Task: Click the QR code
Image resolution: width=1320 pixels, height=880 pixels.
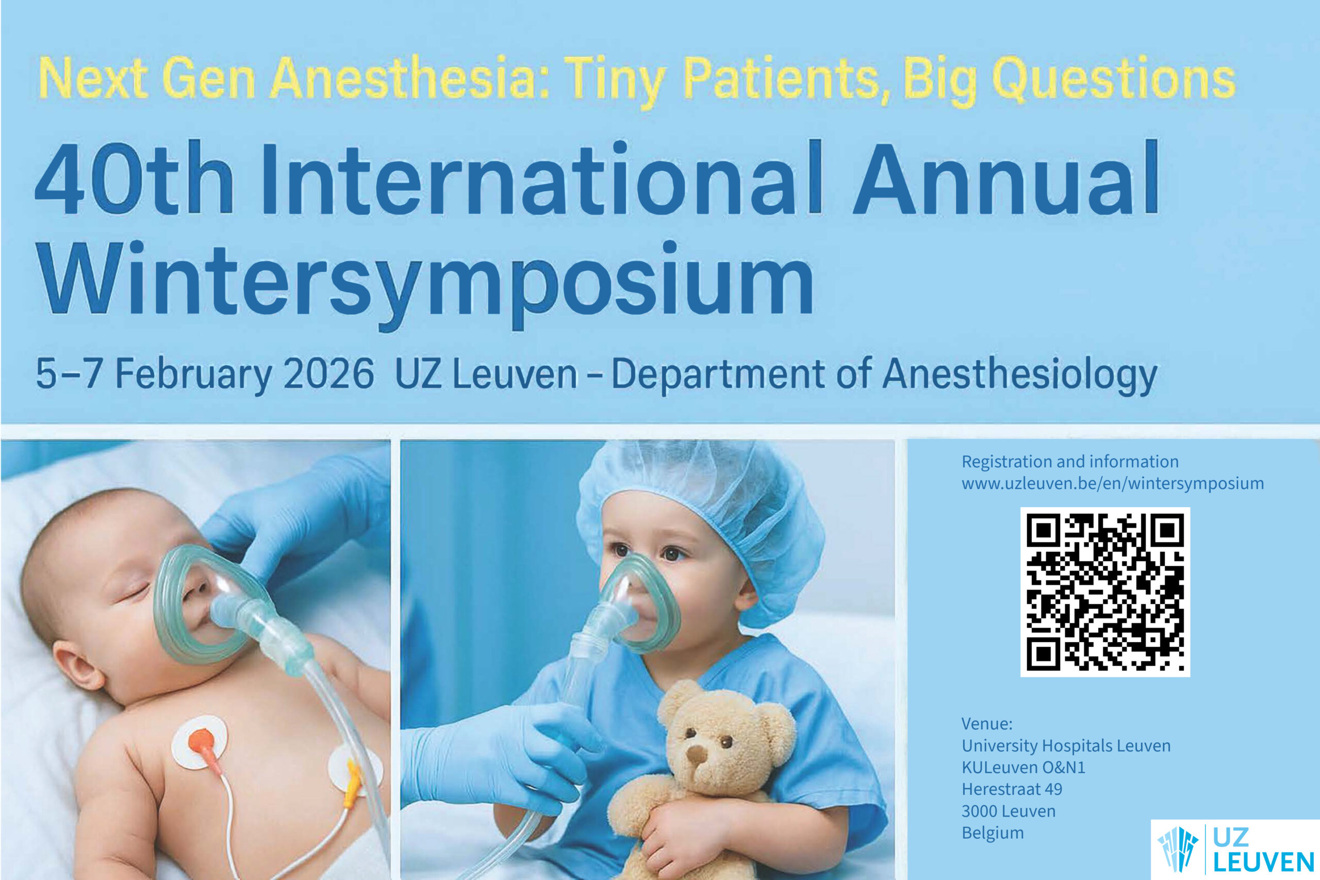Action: tap(1104, 592)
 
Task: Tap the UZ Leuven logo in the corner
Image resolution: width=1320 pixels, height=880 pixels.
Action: tap(1235, 849)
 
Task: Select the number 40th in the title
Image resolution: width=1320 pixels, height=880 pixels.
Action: tap(135, 178)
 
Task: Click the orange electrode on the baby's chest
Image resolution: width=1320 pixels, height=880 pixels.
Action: tap(201, 741)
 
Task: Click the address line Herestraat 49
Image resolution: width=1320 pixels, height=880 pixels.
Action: tap(1012, 789)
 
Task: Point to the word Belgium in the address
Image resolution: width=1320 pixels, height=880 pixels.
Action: tap(993, 833)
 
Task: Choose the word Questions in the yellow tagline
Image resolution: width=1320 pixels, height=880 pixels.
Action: tap(1114, 79)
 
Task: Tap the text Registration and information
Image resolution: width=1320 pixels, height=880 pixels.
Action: tap(1070, 461)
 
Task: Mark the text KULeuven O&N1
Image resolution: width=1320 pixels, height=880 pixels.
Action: tap(1023, 767)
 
